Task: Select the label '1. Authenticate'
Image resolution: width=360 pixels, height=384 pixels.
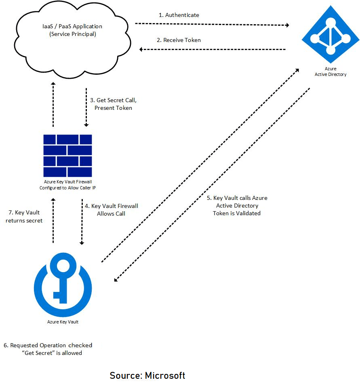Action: [x=179, y=15]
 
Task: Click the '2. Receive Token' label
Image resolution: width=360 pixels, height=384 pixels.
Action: [x=179, y=40]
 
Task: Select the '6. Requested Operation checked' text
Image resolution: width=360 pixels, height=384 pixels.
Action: [x=48, y=345]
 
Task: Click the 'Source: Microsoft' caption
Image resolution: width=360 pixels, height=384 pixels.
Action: [x=147, y=375]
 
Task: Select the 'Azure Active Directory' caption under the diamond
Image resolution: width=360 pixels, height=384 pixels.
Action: [x=331, y=71]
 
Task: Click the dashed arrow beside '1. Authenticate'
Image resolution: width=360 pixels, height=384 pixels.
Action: [x=212, y=25]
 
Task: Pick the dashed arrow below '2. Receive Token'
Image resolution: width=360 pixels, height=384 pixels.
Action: [x=213, y=49]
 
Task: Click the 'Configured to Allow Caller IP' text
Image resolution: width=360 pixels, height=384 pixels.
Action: [x=67, y=188]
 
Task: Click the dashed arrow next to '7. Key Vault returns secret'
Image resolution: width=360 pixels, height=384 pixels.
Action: [x=53, y=220]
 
